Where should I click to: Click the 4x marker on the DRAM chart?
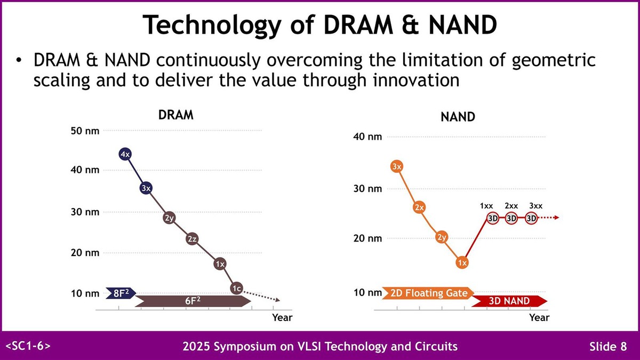pos(126,154)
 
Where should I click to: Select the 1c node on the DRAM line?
pos(237,288)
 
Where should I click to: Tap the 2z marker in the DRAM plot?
pos(192,239)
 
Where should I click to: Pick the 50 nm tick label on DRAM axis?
pos(85,131)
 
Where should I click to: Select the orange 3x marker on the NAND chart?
pos(396,166)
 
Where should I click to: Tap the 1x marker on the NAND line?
pos(462,262)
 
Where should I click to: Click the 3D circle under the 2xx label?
pos(511,218)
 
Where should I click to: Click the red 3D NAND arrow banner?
pos(509,301)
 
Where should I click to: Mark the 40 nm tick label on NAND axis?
pos(368,137)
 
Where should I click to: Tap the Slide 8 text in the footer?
pos(608,347)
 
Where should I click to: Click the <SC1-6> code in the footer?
pos(28,346)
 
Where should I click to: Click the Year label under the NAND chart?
pos(539,317)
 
